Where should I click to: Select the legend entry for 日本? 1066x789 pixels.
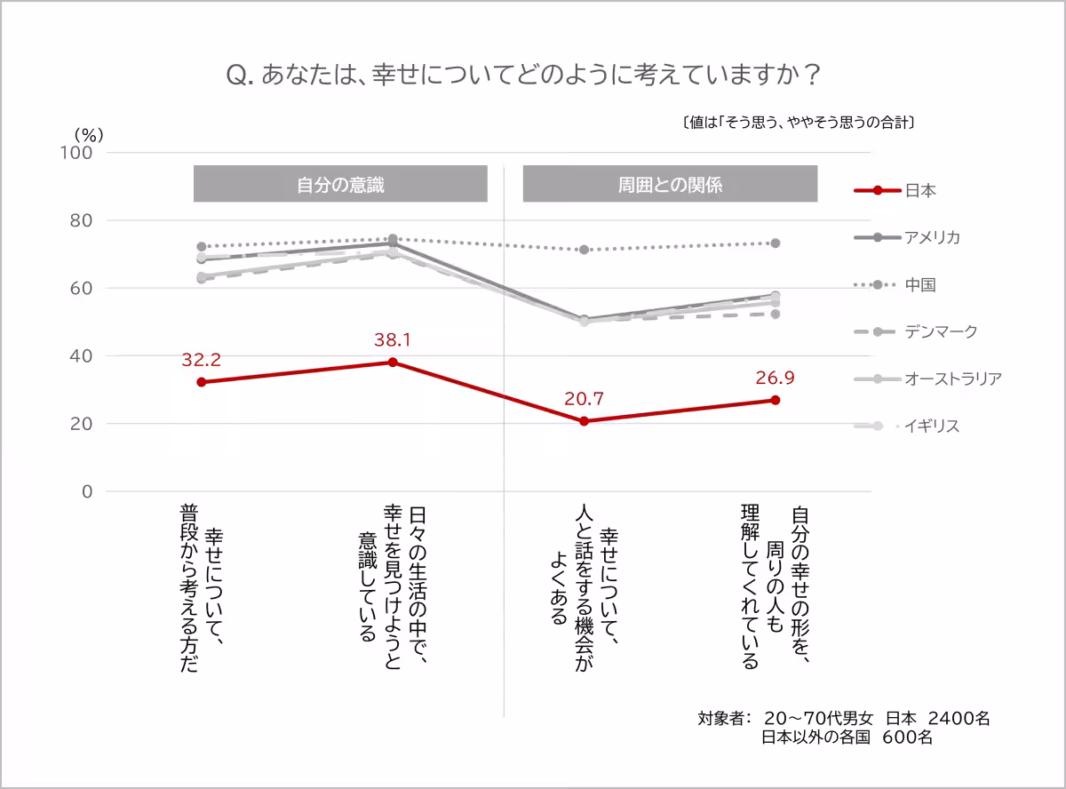coord(919,190)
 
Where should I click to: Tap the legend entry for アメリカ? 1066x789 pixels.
coord(932,237)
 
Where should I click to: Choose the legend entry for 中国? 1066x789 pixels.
coord(919,285)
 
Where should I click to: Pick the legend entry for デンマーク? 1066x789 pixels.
coord(941,331)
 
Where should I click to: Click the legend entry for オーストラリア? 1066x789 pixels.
coord(953,379)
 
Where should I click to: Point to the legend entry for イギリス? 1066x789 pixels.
coord(932,426)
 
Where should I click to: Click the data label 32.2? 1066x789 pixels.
coord(201,360)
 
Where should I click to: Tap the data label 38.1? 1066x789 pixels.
coord(393,339)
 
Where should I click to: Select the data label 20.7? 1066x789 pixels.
coord(584,399)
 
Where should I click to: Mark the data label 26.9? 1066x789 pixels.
coord(775,378)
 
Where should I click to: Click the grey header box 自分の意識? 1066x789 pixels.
coord(340,184)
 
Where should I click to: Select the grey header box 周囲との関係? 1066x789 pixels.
coord(670,184)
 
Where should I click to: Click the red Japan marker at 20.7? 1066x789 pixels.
coord(584,421)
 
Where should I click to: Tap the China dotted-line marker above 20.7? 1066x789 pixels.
coord(584,250)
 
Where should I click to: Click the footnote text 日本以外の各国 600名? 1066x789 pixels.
coord(847,737)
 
